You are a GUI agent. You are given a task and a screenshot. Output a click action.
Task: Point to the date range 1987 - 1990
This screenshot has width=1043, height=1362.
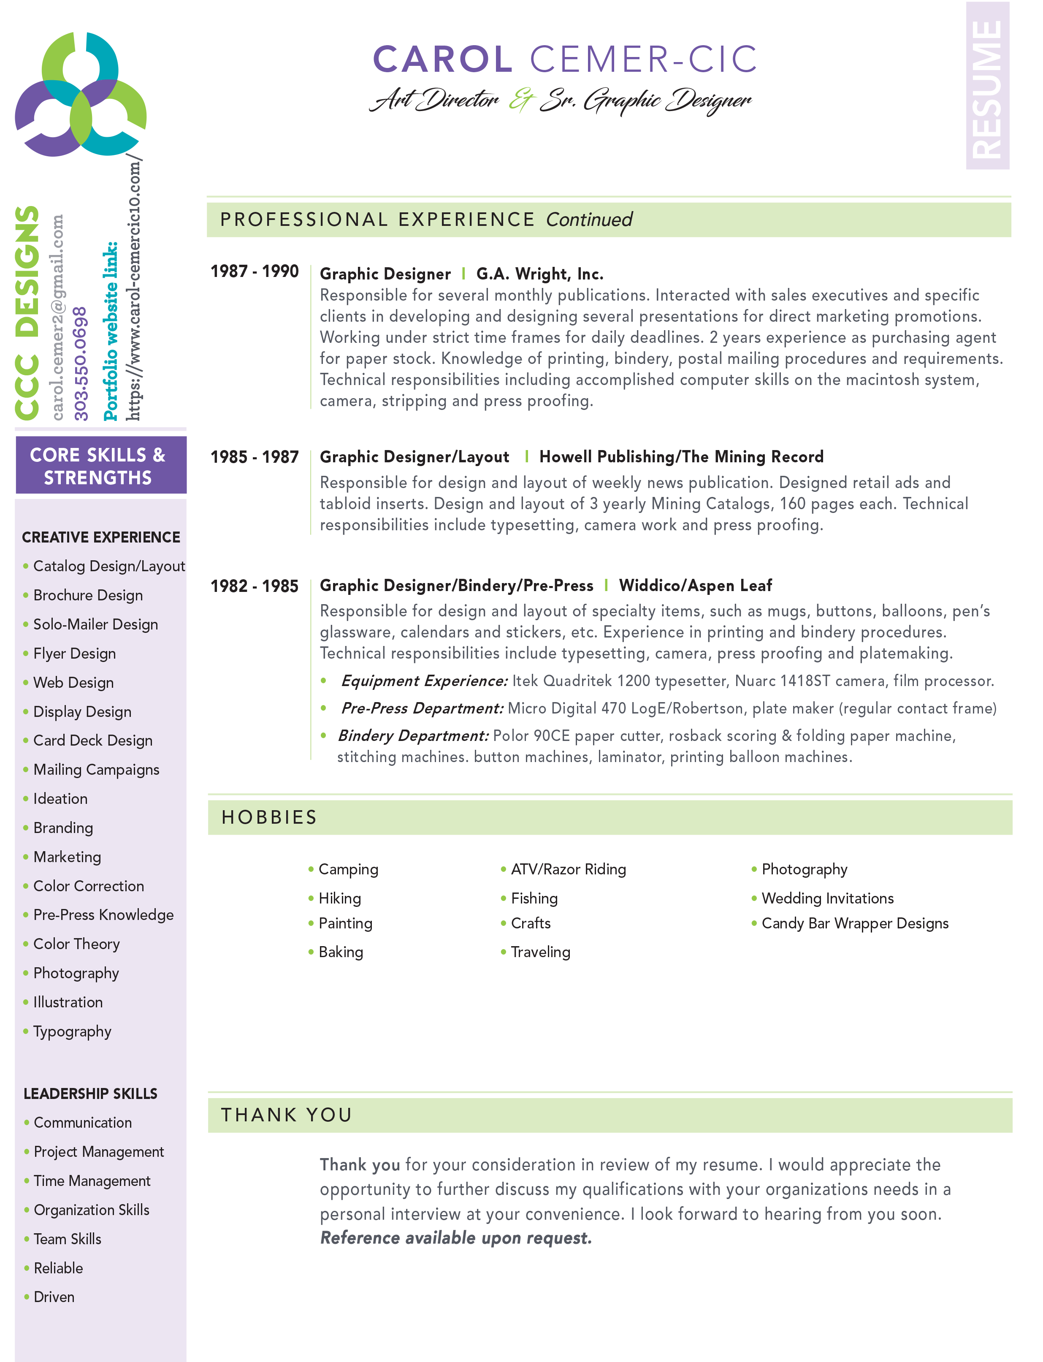click(255, 271)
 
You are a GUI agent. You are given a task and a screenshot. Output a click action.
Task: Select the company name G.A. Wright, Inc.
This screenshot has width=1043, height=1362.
click(539, 274)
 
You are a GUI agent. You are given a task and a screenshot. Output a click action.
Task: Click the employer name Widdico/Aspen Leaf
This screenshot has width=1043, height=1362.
click(695, 585)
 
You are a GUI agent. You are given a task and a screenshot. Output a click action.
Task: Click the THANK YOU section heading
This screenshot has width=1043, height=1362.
click(287, 1115)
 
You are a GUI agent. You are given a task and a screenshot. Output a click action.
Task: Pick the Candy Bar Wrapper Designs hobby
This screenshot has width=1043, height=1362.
click(855, 923)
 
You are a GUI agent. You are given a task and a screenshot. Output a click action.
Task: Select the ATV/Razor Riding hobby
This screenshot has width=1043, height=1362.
click(568, 869)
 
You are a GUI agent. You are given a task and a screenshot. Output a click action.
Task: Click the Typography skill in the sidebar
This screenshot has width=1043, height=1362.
click(72, 1031)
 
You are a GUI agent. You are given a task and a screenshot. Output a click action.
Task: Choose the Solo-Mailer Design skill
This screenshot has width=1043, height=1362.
click(96, 624)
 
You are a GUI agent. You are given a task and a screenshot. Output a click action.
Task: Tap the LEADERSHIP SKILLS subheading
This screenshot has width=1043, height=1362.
click(91, 1094)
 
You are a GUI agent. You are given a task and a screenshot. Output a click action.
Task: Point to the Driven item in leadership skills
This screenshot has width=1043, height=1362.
click(54, 1297)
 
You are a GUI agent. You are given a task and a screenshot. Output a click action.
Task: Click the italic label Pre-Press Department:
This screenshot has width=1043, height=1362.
click(422, 708)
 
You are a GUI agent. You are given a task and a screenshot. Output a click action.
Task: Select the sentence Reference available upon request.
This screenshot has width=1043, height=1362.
click(456, 1238)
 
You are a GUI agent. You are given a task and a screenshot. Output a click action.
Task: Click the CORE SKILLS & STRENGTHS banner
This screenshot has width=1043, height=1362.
click(98, 466)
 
